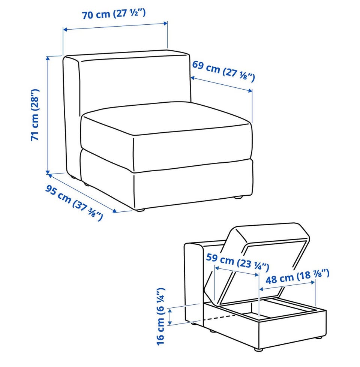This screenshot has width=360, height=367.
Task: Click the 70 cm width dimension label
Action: pyautogui.click(x=114, y=14)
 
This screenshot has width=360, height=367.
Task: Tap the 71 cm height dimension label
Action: pyautogui.click(x=35, y=115)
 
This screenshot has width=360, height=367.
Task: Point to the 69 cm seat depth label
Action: pyautogui.click(x=223, y=71)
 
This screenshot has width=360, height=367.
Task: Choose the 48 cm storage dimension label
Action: pyautogui.click(x=297, y=277)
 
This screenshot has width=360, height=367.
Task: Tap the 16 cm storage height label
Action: pyautogui.click(x=161, y=317)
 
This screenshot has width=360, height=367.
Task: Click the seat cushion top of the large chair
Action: pyautogui.click(x=166, y=118)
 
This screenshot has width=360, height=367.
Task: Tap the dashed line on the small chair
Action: pyautogui.click(x=219, y=318)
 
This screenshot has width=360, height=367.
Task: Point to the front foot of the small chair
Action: pyautogui.click(x=258, y=350)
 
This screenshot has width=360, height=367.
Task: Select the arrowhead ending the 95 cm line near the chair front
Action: pyautogui.click(x=114, y=211)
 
